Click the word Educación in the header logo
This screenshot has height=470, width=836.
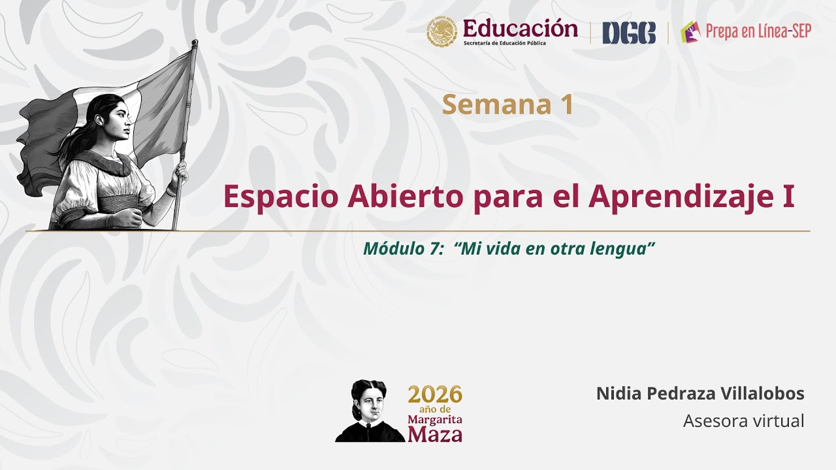[520, 28]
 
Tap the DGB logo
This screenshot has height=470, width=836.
[628, 33]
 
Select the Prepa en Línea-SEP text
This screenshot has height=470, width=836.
[758, 31]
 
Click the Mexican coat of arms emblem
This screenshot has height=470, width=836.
[443, 33]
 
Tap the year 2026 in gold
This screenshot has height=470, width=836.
[435, 394]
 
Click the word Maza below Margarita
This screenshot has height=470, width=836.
[435, 433]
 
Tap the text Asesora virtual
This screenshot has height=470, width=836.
[743, 421]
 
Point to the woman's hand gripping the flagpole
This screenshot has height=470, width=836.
[180, 172]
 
